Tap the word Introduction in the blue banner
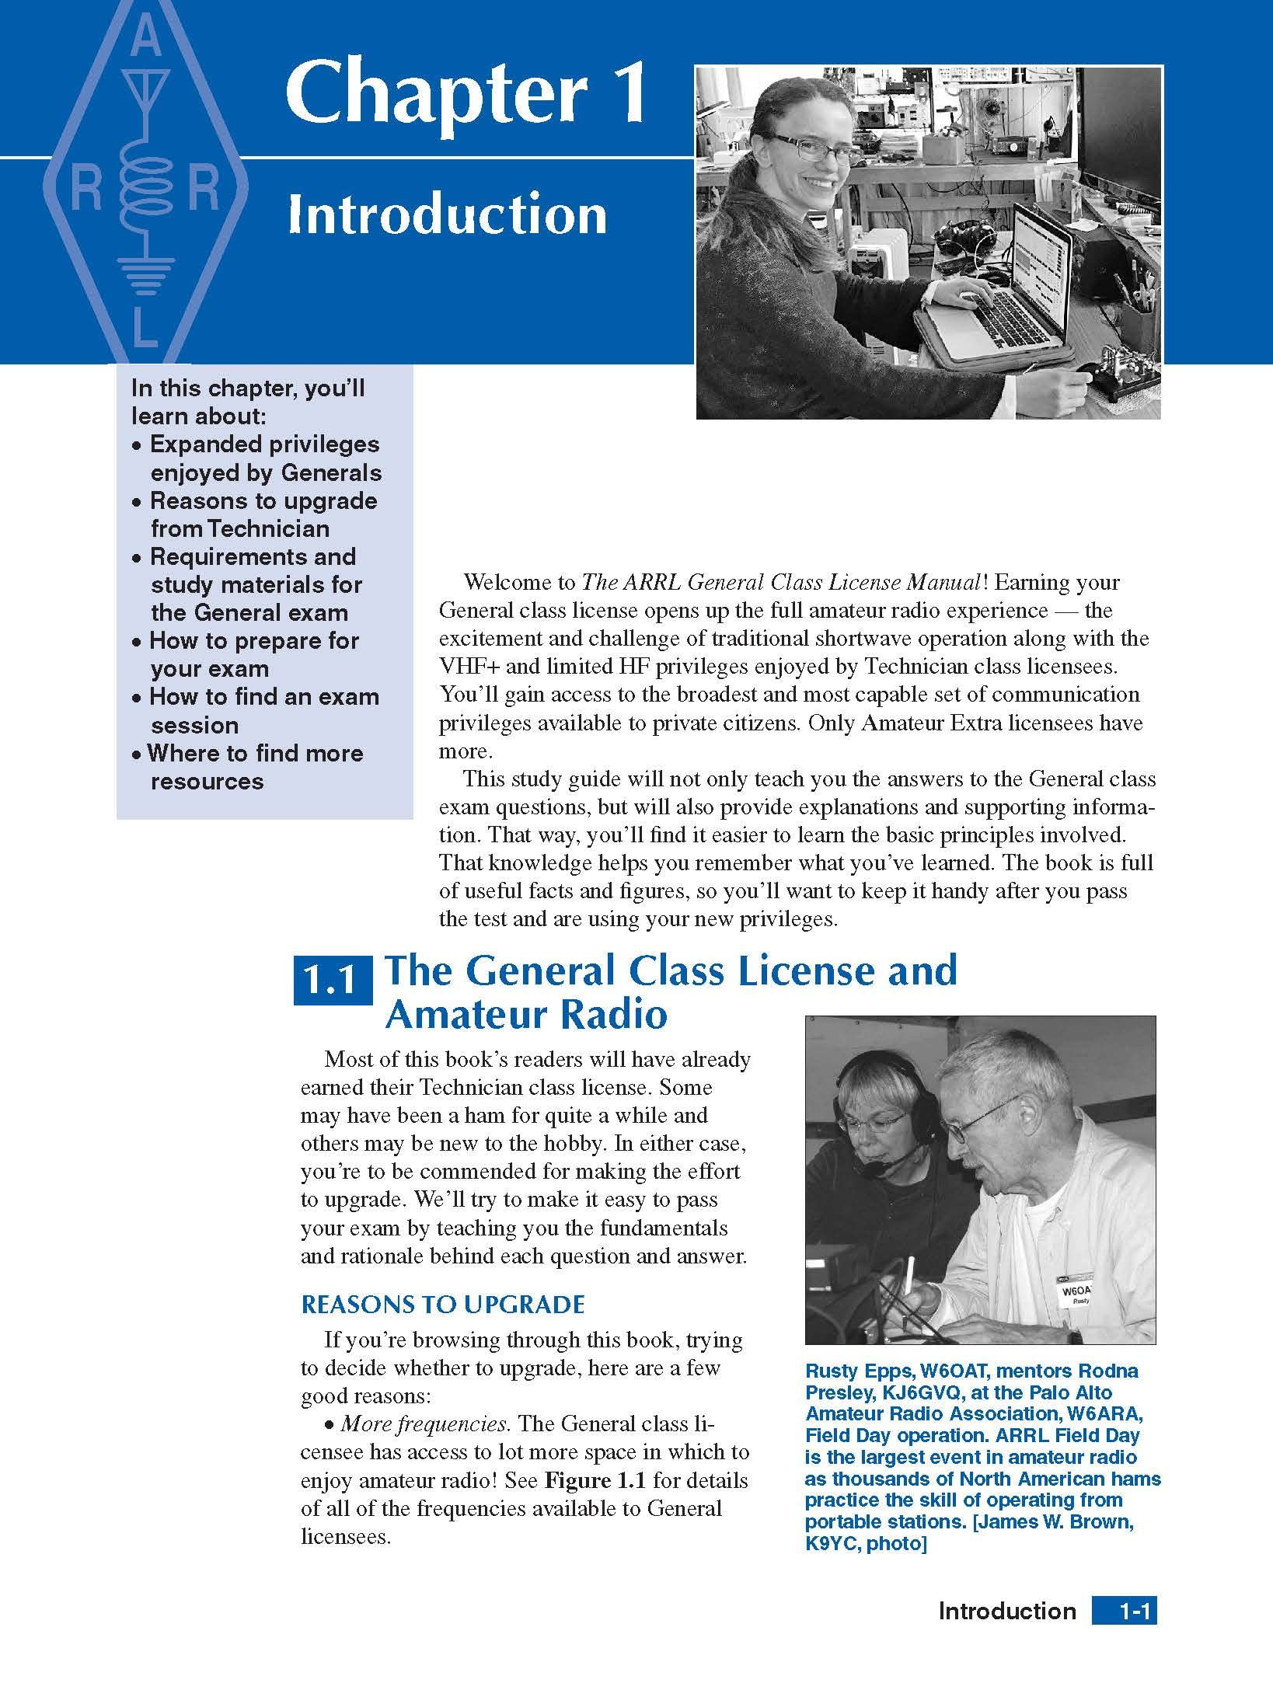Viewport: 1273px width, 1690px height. click(x=447, y=215)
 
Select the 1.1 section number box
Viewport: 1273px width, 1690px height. click(x=333, y=984)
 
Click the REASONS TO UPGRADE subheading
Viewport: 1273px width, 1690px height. click(x=442, y=1305)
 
